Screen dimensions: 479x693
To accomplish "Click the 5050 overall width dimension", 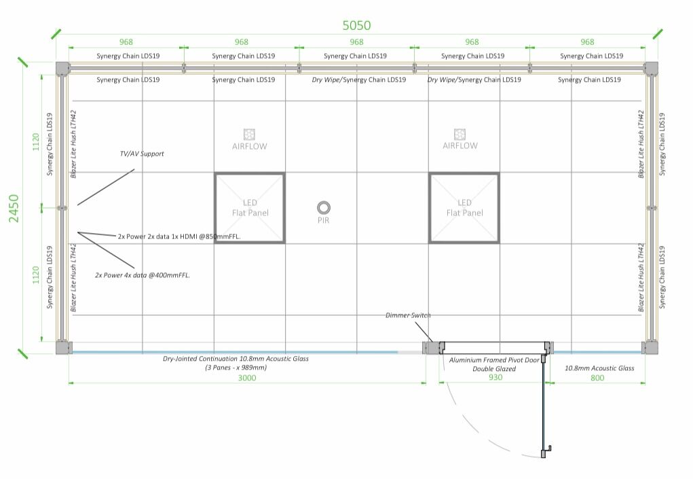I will tap(356, 26).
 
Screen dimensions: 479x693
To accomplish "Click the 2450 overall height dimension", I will tap(14, 208).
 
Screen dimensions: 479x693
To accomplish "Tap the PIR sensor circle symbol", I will tap(324, 207).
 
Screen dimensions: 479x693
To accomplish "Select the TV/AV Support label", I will tap(142, 154).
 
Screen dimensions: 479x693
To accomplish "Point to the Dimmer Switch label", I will tap(408, 315).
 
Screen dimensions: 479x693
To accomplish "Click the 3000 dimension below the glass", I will tap(247, 378).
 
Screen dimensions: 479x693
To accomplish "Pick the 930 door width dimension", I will tap(495, 377).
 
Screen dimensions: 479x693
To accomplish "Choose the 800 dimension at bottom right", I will tap(597, 378).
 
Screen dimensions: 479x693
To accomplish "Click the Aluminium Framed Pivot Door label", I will tap(494, 360).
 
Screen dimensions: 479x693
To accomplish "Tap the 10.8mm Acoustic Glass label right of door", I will tap(599, 368).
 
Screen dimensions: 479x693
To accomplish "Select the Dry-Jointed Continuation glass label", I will tap(236, 358).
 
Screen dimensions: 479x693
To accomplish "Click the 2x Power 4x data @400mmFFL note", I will tap(142, 275).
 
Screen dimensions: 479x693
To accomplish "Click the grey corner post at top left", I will tap(62, 68).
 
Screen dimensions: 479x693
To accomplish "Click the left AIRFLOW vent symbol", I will tap(249, 134).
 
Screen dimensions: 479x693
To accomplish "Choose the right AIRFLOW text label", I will tap(460, 146).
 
